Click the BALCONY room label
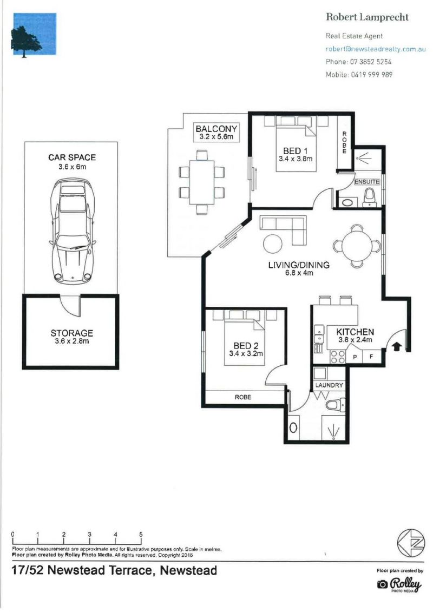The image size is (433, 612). pos(216,128)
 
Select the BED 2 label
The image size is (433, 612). pos(246,345)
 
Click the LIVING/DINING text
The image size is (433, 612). pos(299,265)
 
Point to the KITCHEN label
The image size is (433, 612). pos(355,332)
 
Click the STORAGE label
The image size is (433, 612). pos(72,333)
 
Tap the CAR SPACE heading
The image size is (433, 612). pos(72,157)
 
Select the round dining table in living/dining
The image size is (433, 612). pos(357,246)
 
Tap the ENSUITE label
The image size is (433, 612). pos(366,182)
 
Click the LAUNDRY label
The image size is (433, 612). pos(329,385)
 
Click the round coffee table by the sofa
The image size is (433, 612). pos(273,244)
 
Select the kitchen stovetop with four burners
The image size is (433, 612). pos(338,356)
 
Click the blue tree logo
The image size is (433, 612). pos(35,34)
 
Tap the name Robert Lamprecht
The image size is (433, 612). pos(367,17)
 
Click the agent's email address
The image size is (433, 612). pos(376,49)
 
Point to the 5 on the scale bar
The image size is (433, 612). pos(141,535)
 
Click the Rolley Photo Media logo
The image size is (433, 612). pos(399,584)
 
